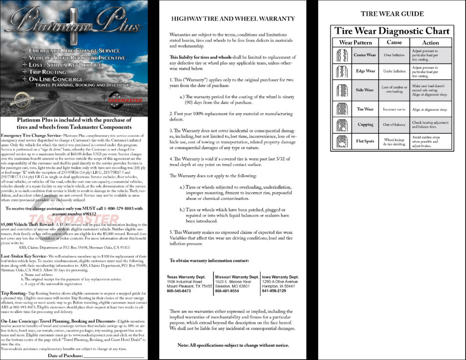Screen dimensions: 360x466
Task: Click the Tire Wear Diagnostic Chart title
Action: pos(392,31)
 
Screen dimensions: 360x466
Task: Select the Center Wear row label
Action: pos(365,55)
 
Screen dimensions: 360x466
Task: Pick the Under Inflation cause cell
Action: pos(394,71)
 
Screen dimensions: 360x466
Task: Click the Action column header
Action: pos(431,42)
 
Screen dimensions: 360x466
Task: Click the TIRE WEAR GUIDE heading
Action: pos(392,14)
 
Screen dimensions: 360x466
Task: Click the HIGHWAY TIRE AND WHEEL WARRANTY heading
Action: pos(233,19)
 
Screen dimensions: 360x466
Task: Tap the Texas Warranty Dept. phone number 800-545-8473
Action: pos(179,291)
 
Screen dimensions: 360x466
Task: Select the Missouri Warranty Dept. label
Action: pos(237,277)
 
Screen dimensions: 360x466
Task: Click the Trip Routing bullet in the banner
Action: pos(47,72)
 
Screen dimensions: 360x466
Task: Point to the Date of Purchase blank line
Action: pos(114,355)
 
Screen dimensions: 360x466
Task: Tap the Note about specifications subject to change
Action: pos(233,345)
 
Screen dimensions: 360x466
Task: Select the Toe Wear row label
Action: pos(365,109)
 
